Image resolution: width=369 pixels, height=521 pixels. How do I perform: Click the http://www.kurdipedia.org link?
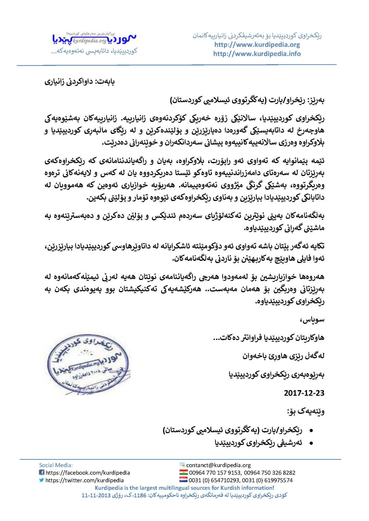tap(257, 45)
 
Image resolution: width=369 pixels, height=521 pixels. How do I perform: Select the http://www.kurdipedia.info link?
tap(257, 54)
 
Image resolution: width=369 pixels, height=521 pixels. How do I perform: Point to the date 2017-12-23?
tap(304, 393)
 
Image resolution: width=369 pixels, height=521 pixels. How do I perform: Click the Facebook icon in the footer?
tap(41, 472)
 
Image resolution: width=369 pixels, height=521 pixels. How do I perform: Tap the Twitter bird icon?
tap(41, 480)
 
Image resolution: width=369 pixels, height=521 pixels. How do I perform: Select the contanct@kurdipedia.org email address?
tap(218, 465)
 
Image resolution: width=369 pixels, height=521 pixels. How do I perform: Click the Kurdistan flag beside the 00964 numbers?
tap(183, 472)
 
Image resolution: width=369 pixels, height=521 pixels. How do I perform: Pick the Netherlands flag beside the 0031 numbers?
tap(183, 480)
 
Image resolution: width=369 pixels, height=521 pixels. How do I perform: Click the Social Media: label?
tap(56, 465)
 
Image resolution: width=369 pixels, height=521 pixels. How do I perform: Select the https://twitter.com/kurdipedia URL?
tap(85, 480)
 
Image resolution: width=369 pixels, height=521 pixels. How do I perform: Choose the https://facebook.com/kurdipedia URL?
tap(88, 472)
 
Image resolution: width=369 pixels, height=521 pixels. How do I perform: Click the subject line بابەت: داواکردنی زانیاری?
tap(80, 82)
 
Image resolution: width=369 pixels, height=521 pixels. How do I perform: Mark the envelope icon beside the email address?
tap(182, 465)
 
